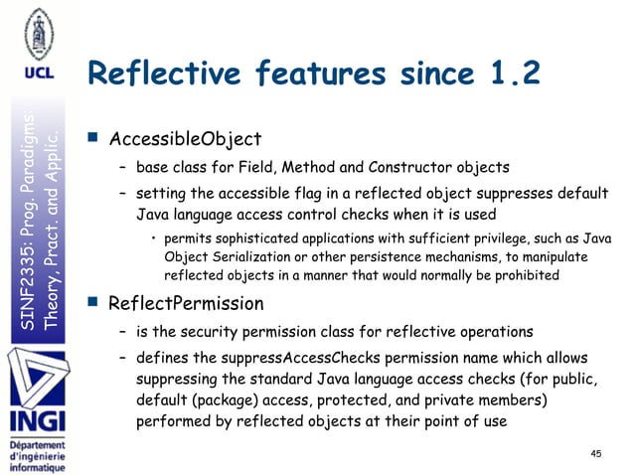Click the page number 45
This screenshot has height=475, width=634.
pos(596,454)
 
